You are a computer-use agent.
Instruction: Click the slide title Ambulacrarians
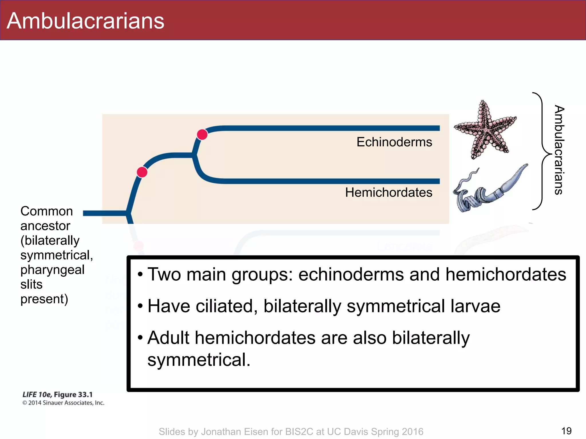pos(85,21)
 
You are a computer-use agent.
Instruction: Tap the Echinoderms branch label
pos(394,142)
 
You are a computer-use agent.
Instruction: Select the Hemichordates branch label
pos(389,192)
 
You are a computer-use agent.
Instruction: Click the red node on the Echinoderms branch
pos(202,134)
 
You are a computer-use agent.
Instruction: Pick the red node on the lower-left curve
pos(142,172)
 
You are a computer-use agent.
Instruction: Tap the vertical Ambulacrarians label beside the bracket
pos(559,150)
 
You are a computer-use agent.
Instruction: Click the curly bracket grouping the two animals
pos(541,151)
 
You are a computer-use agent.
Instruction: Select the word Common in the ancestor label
pos(47,211)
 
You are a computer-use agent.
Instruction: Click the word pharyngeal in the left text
pos(52,270)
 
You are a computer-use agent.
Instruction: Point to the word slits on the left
pos(31,284)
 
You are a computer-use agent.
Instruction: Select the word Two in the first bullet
pos(164,274)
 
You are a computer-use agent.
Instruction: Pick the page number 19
pos(566,431)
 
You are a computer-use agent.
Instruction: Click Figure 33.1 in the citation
pos(73,395)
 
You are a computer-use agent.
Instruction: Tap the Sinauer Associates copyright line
pos(63,403)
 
